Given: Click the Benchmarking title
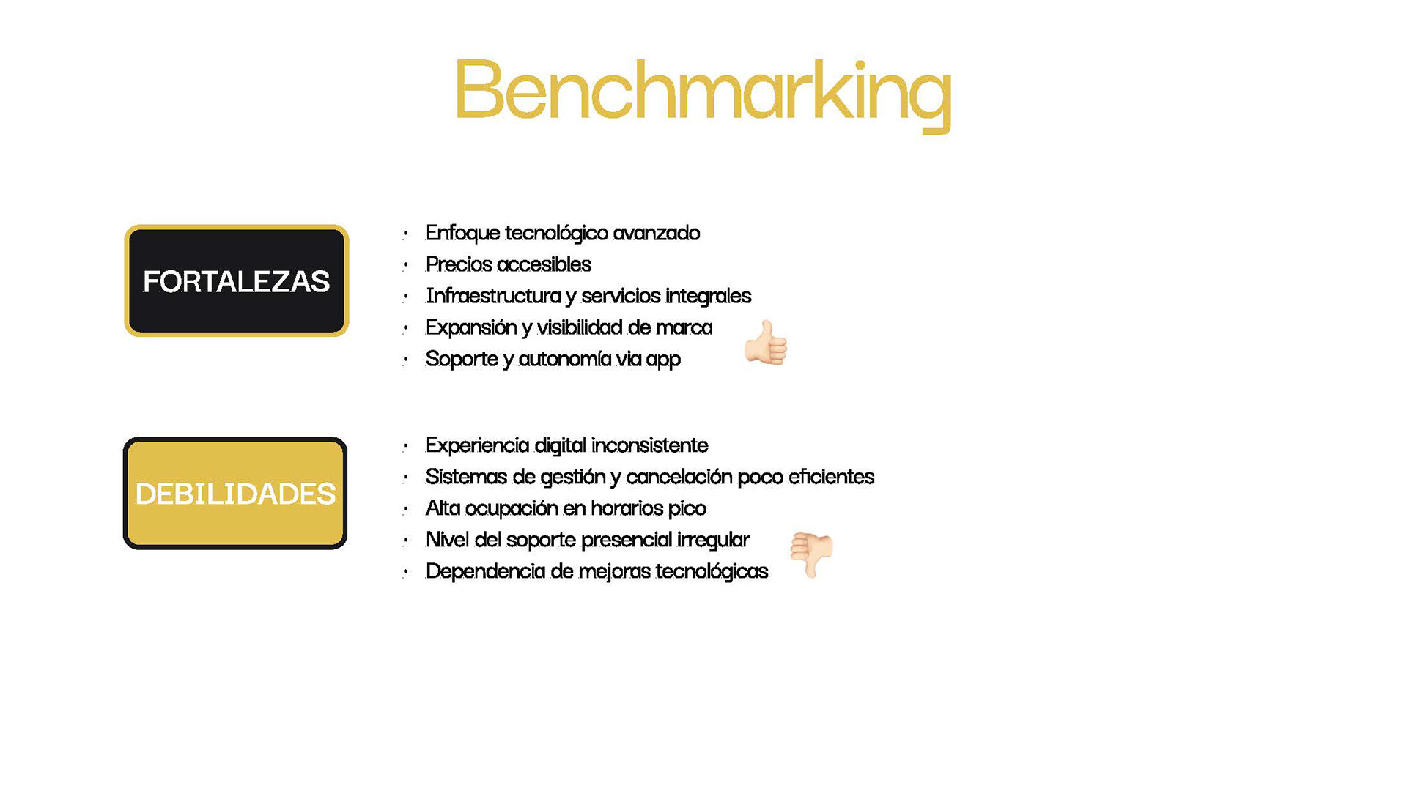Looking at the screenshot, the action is click(x=703, y=94).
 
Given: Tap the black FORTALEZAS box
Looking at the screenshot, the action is click(x=236, y=281).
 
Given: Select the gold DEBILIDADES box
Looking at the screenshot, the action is click(x=235, y=493).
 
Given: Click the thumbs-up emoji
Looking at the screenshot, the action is click(x=766, y=343).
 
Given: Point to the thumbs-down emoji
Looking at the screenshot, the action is click(x=812, y=554).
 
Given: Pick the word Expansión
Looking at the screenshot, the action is click(x=471, y=327).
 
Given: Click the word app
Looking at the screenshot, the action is click(x=663, y=360).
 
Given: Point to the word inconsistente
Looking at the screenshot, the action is click(x=649, y=445).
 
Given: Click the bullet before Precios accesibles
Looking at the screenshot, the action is click(x=405, y=266).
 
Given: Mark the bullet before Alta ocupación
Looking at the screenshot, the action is click(x=405, y=510).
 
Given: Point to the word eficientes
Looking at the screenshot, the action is click(x=831, y=477).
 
